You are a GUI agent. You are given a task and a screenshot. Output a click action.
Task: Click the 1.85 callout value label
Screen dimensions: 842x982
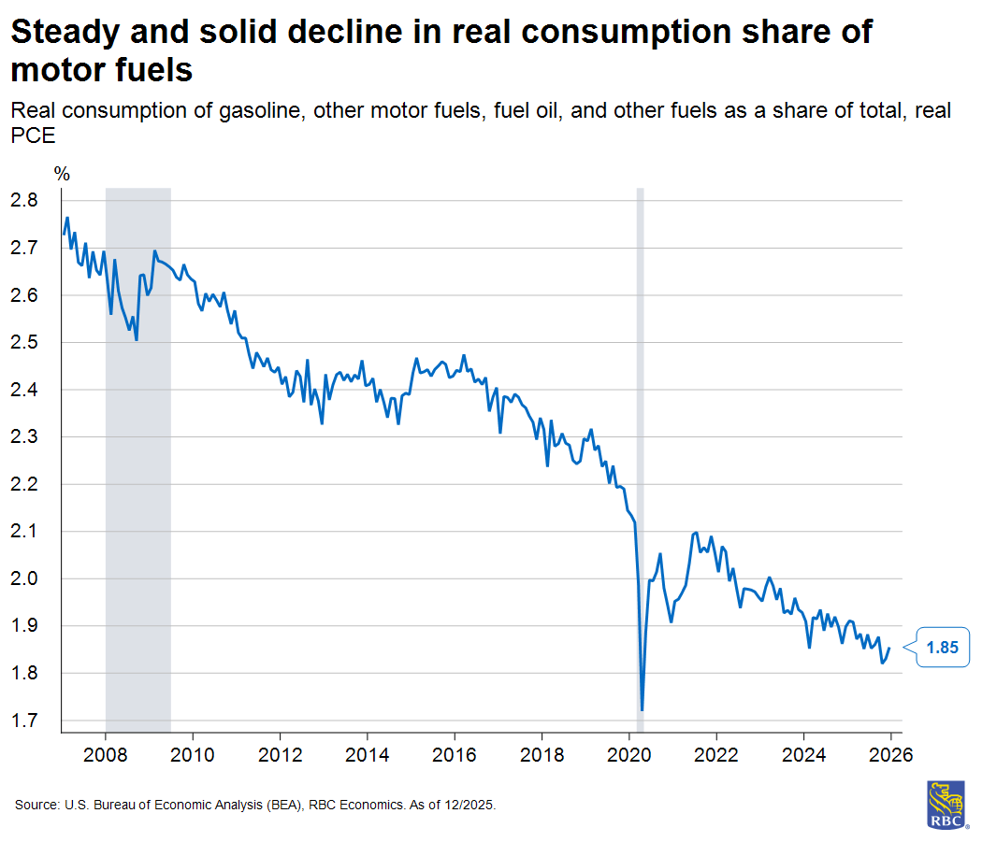point(942,647)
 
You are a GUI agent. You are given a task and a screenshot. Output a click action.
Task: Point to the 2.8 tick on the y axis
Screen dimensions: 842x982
point(25,200)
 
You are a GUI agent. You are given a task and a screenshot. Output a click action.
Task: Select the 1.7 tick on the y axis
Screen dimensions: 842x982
point(25,721)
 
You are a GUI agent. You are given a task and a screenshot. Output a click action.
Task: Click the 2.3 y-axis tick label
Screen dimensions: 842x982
point(25,436)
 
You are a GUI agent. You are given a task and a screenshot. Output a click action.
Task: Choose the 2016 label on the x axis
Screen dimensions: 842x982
point(455,754)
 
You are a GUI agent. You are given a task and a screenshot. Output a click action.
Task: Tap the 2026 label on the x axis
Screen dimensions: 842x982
point(891,754)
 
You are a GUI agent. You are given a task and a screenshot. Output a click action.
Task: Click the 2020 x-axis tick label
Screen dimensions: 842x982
point(629,754)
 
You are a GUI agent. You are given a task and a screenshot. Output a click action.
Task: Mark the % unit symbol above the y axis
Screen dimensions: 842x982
point(62,174)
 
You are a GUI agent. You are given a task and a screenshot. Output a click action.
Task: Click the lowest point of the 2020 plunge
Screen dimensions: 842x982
point(642,709)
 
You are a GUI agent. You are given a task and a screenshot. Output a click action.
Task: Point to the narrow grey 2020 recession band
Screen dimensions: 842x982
point(641,421)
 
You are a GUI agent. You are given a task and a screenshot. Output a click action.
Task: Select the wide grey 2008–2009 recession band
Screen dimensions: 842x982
point(137,421)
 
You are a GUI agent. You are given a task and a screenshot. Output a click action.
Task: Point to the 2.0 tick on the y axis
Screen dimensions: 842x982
point(25,578)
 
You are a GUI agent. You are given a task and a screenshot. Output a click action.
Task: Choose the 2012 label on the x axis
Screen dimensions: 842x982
point(280,754)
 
